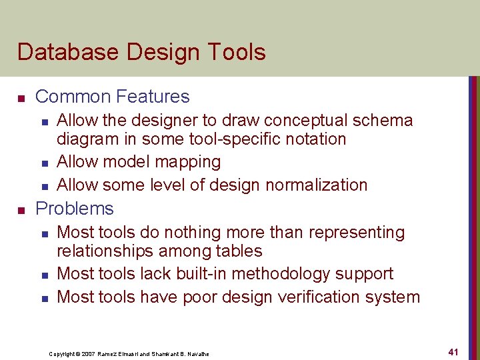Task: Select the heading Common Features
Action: pyautogui.click(x=112, y=97)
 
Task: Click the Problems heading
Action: pyautogui.click(x=74, y=209)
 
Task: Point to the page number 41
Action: pyautogui.click(x=453, y=351)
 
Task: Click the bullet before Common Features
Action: pyautogui.click(x=21, y=98)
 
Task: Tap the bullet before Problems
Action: pyautogui.click(x=21, y=210)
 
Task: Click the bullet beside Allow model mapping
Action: pyautogui.click(x=43, y=163)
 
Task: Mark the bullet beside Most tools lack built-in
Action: pyautogui.click(x=43, y=275)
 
